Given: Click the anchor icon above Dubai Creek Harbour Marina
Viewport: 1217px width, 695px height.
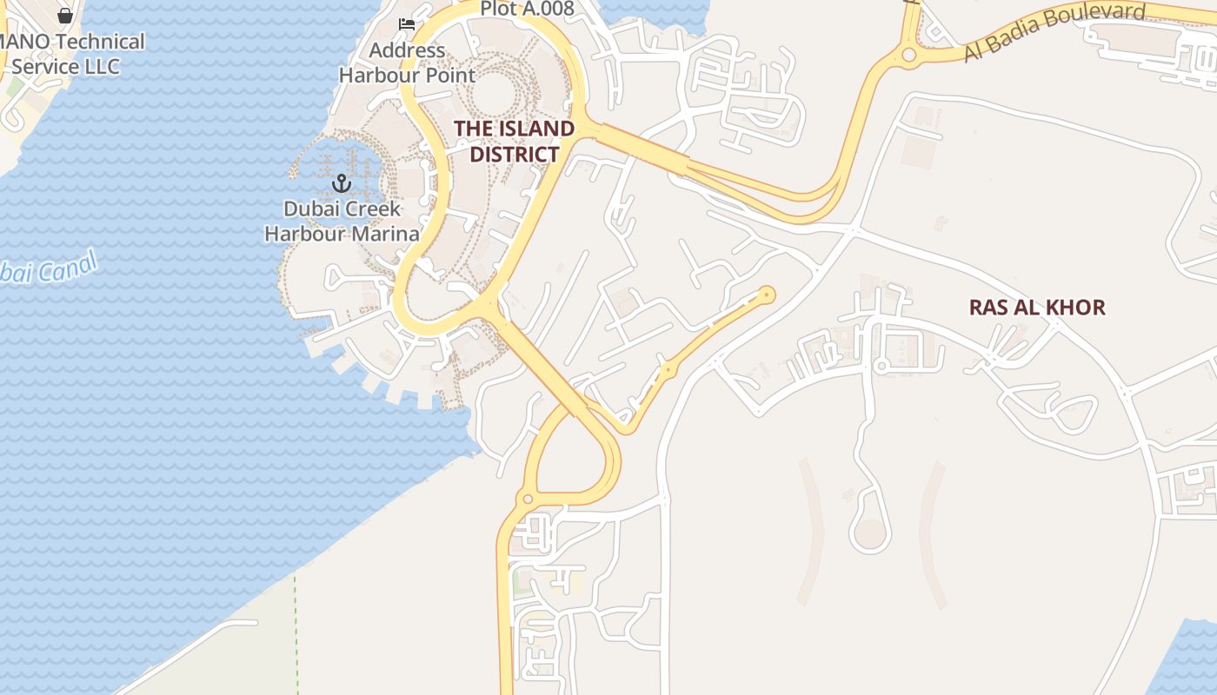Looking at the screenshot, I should (x=341, y=182).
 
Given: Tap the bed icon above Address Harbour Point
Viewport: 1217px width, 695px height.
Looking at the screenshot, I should (x=406, y=23).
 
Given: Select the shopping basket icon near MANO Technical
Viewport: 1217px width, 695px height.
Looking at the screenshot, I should (x=65, y=15).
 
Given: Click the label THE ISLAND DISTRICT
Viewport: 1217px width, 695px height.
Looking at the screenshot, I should (x=514, y=142).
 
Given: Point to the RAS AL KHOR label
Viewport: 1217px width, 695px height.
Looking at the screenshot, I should (x=1037, y=307).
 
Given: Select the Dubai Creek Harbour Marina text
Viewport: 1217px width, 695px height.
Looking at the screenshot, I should (x=342, y=222).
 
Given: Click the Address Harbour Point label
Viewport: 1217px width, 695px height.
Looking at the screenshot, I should (x=407, y=63).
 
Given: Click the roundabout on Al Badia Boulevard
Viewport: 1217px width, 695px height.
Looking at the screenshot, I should (x=909, y=56).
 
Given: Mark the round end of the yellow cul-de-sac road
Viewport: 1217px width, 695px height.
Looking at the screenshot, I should (x=767, y=295).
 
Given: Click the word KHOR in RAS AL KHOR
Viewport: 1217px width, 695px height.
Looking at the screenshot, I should (x=1078, y=307).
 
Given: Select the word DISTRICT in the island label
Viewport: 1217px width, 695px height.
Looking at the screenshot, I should (x=514, y=155).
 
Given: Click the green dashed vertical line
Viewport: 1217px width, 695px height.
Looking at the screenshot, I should (x=296, y=634).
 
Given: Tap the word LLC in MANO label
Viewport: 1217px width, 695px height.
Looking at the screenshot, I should (x=100, y=66).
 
